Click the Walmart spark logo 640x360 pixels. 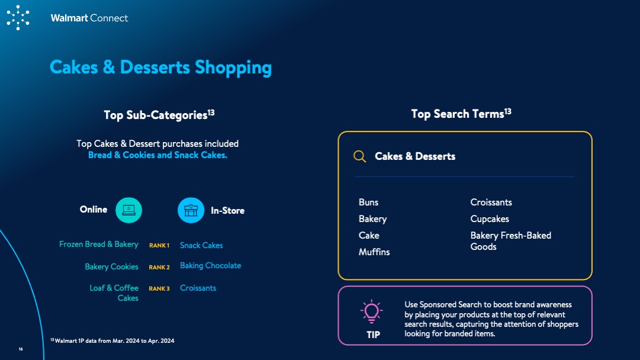point(18,18)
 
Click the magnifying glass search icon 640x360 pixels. point(359,156)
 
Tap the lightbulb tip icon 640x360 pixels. point(371,311)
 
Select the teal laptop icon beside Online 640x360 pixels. point(128,210)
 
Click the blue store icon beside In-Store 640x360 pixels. point(191,210)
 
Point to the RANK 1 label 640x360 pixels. point(159,245)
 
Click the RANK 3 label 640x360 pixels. point(159,288)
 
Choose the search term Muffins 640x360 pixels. point(374,252)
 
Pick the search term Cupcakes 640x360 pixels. point(490,219)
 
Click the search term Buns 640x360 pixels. point(369,202)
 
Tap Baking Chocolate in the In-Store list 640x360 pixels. point(211,266)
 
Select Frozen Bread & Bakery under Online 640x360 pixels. point(99,244)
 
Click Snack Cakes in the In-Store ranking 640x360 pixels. point(201,245)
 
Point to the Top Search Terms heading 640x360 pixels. point(461,114)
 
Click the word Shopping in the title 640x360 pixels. point(233,67)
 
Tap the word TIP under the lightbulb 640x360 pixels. point(373,335)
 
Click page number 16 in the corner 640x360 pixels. point(21,349)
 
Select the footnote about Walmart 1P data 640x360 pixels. point(112,341)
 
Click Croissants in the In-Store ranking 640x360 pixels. point(198,288)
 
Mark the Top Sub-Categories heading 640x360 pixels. point(159,115)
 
